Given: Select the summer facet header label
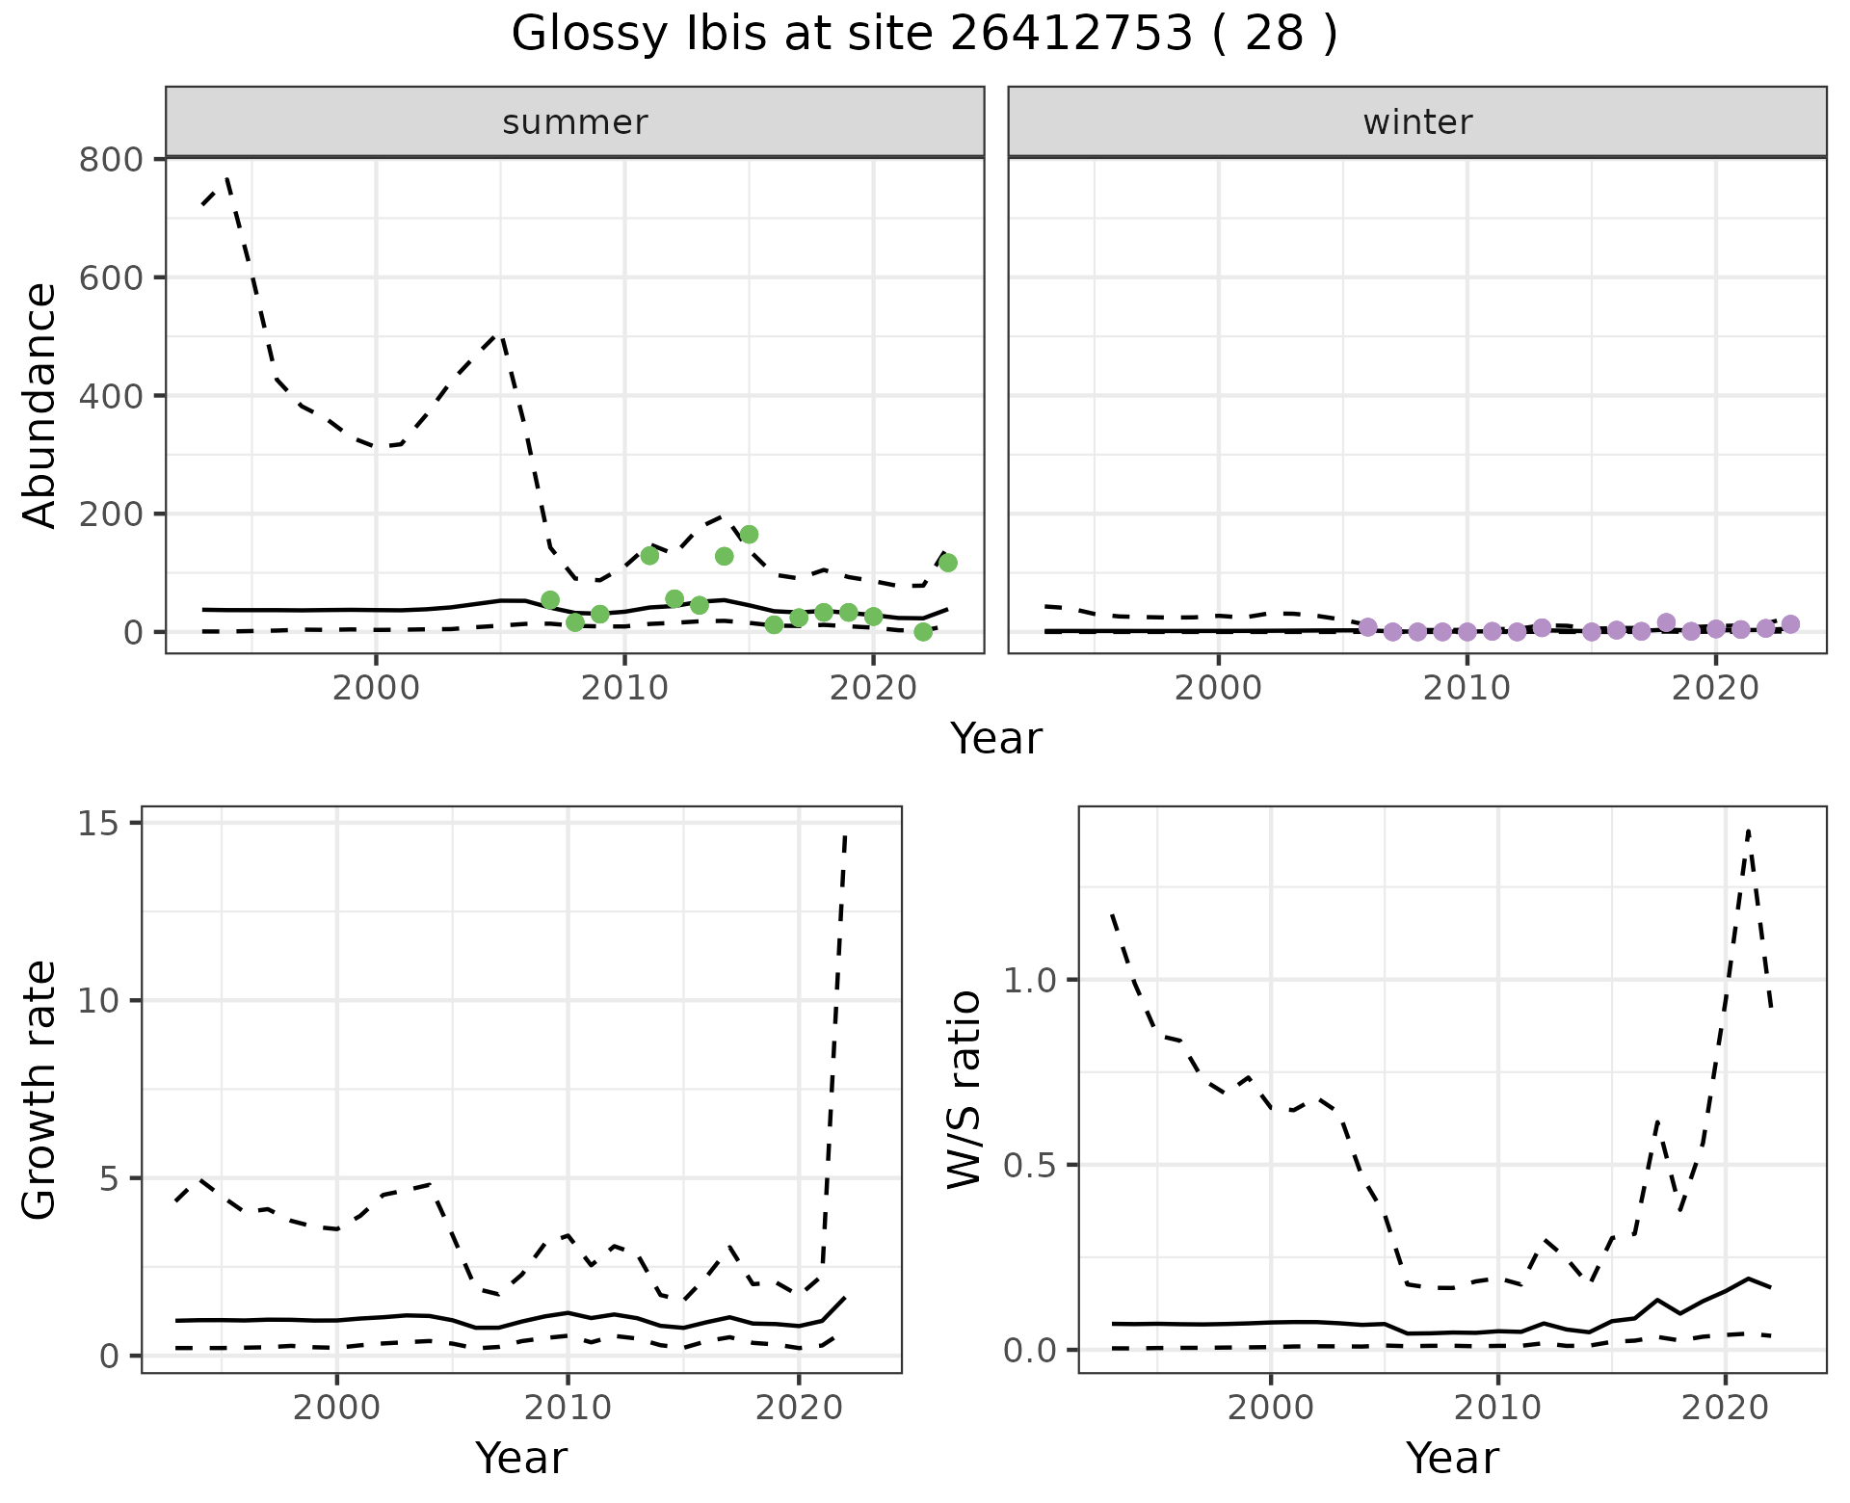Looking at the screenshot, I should [x=574, y=122].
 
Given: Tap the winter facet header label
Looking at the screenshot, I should [x=1416, y=122].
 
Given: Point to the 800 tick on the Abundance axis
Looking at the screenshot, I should [x=111, y=159].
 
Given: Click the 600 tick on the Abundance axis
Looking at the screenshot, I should [x=111, y=277].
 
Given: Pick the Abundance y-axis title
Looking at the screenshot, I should [x=40, y=405].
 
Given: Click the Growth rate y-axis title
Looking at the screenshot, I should [x=40, y=1090].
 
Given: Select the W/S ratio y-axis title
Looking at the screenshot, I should [x=965, y=1090].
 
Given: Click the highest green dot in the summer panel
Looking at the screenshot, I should [x=749, y=535].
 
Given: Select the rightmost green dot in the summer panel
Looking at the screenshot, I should [x=947, y=563].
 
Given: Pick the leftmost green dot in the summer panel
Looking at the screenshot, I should [x=550, y=600].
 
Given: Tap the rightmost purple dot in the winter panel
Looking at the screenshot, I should [x=1790, y=624].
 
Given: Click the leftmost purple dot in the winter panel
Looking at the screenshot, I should [x=1367, y=627].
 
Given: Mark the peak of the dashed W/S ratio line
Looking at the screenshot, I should [x=1748, y=830].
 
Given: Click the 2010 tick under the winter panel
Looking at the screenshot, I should [x=1467, y=690].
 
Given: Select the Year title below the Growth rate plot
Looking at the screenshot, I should [x=520, y=1458].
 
